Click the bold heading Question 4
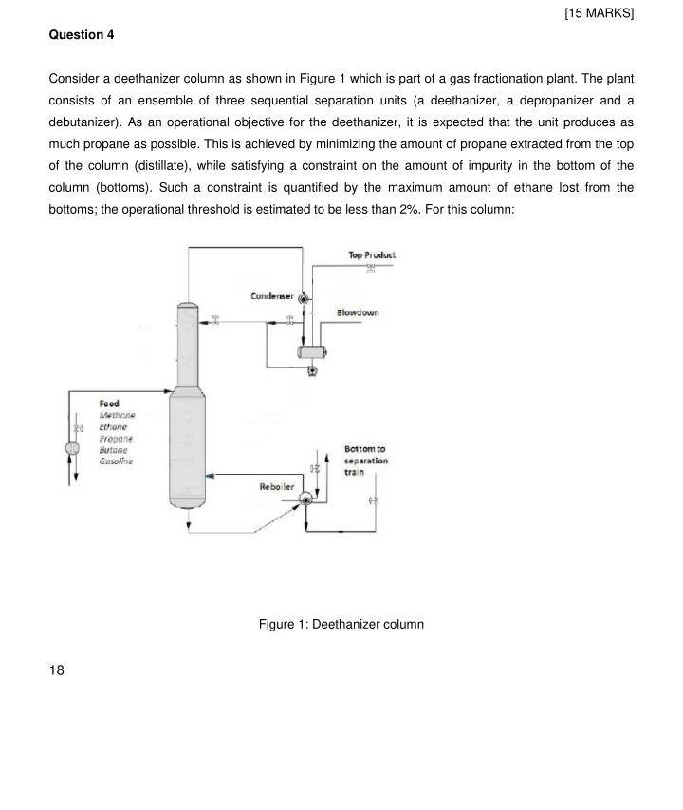pyautogui.click(x=82, y=35)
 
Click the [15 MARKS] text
pyautogui.click(x=598, y=13)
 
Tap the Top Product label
pyautogui.click(x=372, y=255)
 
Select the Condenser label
pyautogui.click(x=272, y=297)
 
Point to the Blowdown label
pyautogui.click(x=358, y=312)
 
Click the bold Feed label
pyautogui.click(x=109, y=405)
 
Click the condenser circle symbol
pyautogui.click(x=304, y=298)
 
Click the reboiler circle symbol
pyautogui.click(x=305, y=499)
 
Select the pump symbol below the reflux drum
pyautogui.click(x=312, y=372)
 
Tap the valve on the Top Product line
pyautogui.click(x=372, y=269)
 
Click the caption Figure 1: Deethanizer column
pyautogui.click(x=341, y=624)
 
